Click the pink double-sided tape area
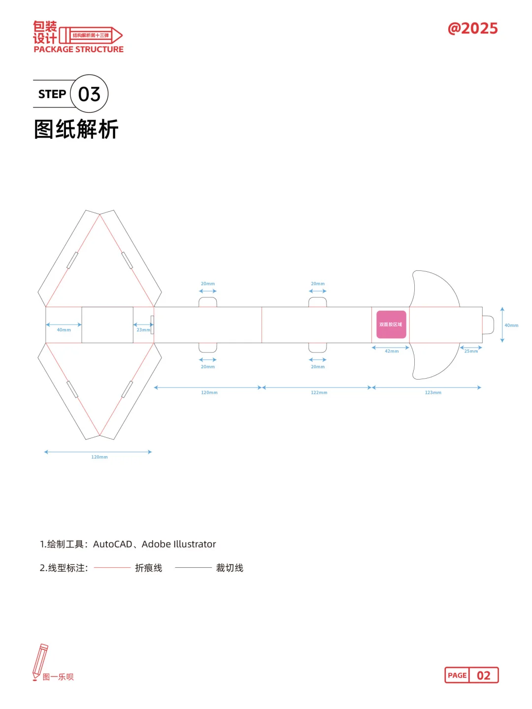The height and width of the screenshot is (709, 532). click(391, 324)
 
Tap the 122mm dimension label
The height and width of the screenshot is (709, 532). click(319, 392)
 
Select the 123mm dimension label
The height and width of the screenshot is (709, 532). click(433, 392)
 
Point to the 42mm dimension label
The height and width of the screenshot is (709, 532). click(392, 351)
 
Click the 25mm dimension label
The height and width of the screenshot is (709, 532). click(471, 351)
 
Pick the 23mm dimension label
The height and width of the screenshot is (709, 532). click(143, 330)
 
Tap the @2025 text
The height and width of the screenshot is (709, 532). click(472, 29)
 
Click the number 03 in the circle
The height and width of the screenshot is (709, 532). click(89, 94)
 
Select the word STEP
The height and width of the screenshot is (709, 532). click(52, 94)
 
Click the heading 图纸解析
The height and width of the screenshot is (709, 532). click(76, 129)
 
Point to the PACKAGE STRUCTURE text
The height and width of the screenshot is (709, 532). click(79, 49)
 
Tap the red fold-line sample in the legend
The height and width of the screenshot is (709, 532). click(112, 568)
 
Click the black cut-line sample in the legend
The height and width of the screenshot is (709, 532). click(193, 568)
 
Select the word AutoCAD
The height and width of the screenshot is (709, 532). click(113, 544)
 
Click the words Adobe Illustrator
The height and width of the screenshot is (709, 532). click(179, 544)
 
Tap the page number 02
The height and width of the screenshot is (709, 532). click(483, 676)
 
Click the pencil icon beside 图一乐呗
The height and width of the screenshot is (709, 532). click(39, 661)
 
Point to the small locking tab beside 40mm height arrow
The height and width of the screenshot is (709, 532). click(488, 325)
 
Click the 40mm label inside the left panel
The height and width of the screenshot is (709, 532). click(64, 330)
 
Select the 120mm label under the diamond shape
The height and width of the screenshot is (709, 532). click(100, 457)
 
